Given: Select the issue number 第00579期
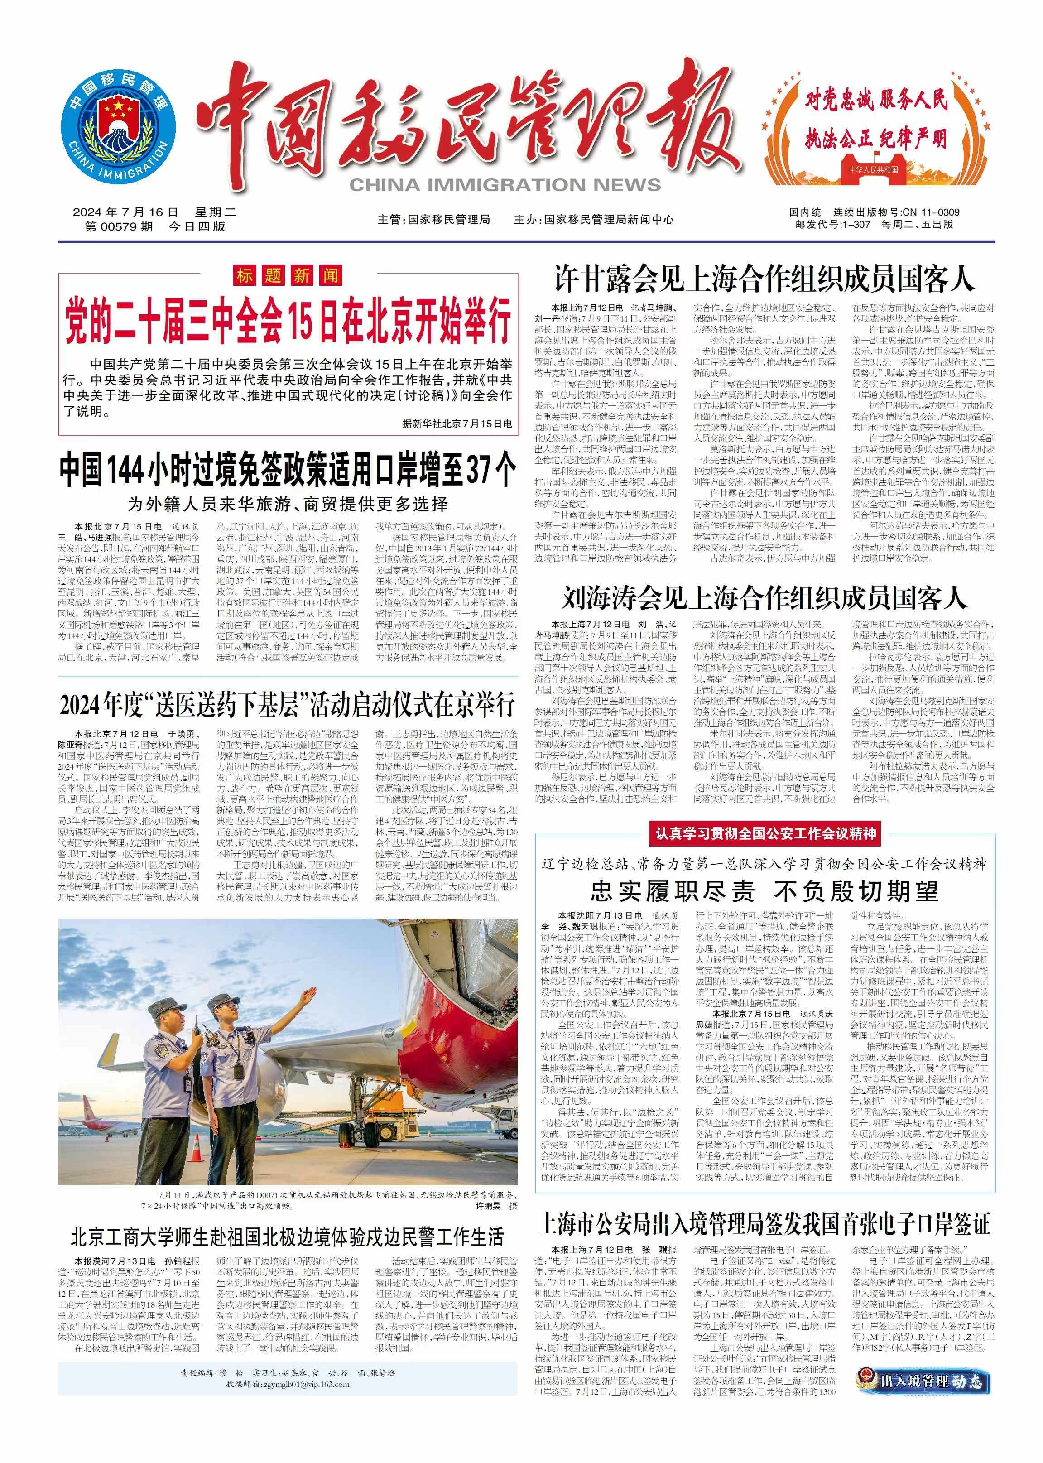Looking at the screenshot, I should coord(119,227).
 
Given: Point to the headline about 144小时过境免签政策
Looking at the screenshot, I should coord(288,469).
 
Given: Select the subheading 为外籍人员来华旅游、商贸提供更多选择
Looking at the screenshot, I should coord(288,504).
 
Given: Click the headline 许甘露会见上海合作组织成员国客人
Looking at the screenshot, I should coord(764,280).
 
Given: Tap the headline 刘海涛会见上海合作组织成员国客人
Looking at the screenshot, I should coord(764,598).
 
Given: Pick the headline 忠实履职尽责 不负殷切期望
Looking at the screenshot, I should coord(764,891).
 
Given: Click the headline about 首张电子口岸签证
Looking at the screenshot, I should coord(764,1223).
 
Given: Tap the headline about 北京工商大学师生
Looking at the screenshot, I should coord(288,1237).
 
